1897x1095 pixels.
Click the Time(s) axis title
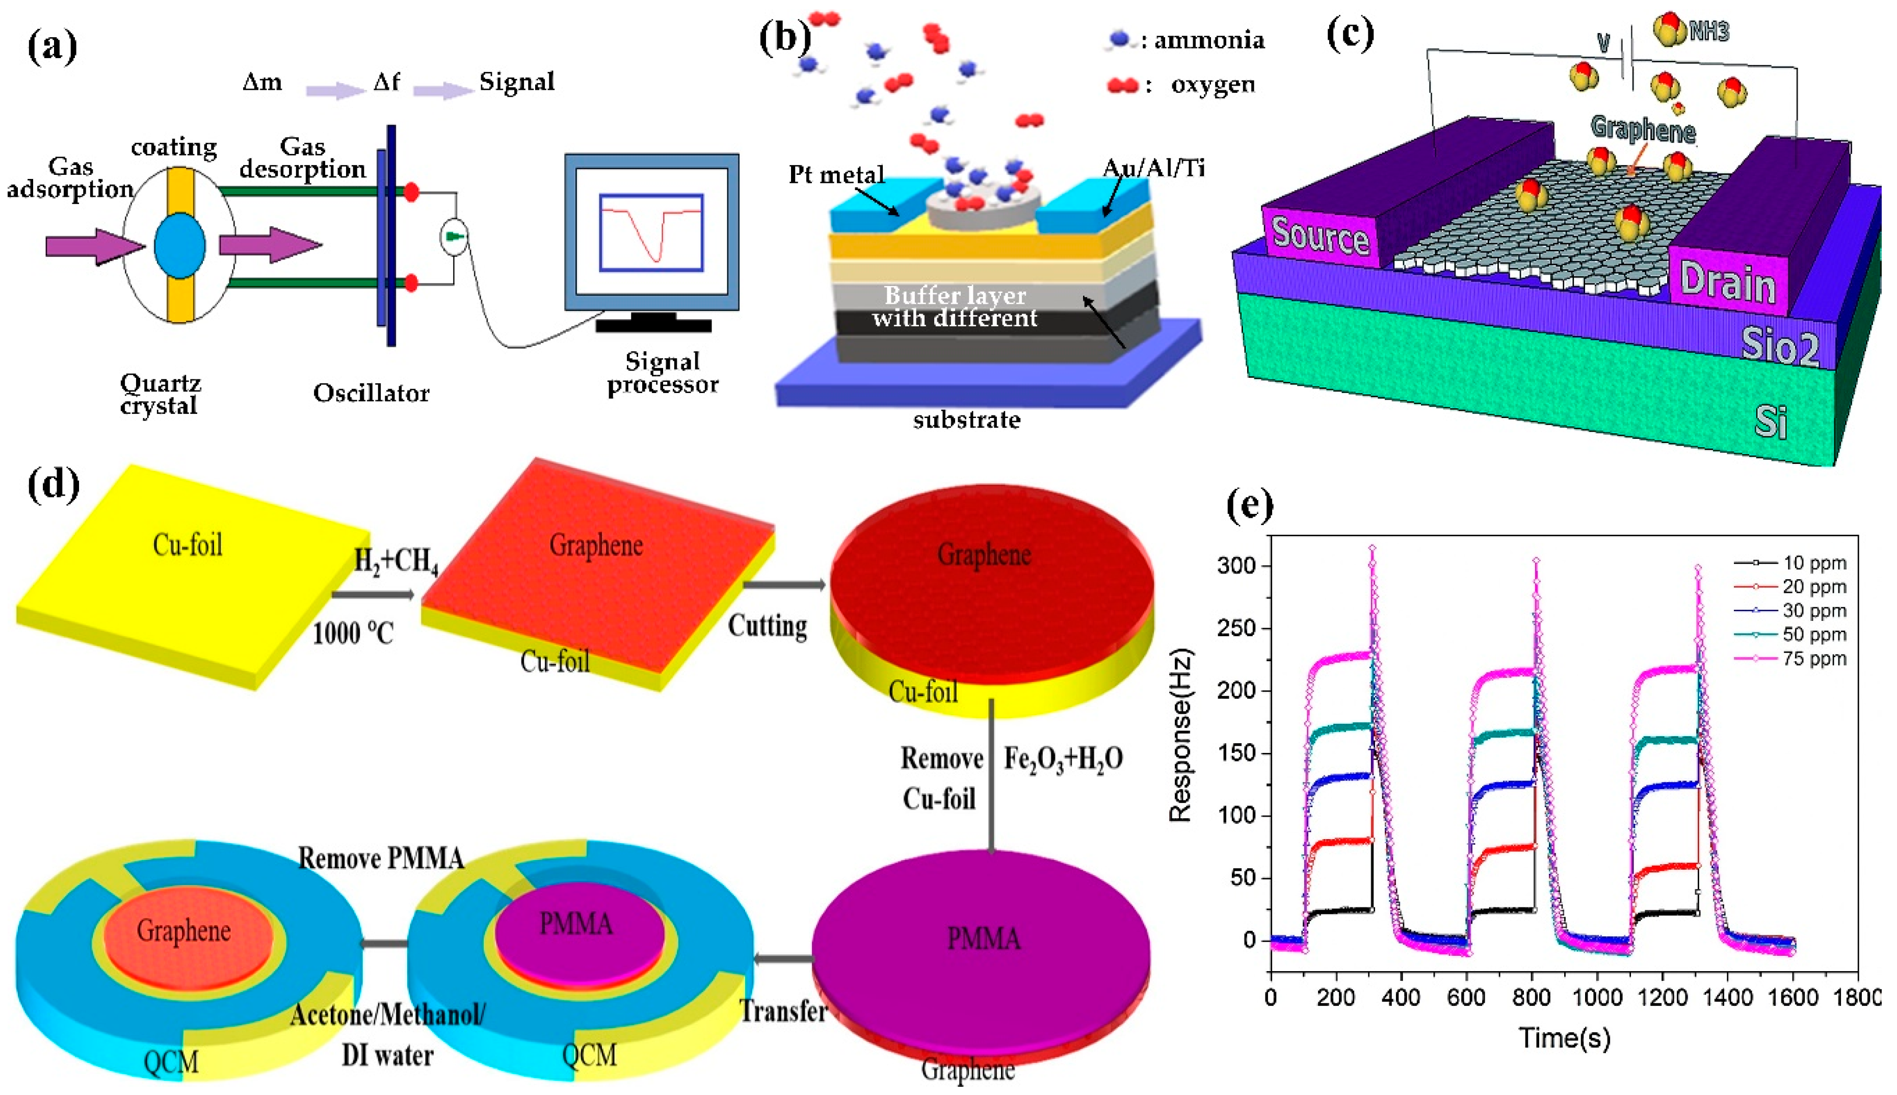click(1564, 1038)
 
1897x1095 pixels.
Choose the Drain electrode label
click(1728, 283)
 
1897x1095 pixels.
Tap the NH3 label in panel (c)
click(1709, 32)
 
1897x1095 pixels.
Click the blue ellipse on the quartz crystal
click(179, 245)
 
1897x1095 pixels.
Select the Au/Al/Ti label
click(1153, 168)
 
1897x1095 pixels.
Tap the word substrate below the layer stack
click(966, 420)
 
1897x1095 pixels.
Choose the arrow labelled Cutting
click(784, 584)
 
